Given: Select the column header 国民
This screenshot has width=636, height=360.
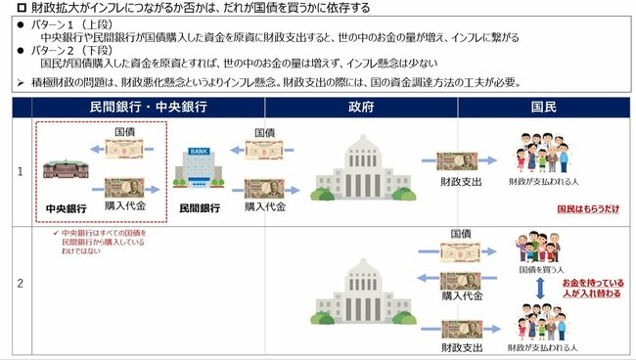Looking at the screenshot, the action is (543, 107).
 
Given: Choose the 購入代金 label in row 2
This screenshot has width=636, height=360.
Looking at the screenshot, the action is (462, 294).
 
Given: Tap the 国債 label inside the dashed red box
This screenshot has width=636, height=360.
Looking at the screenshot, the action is (125, 131).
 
